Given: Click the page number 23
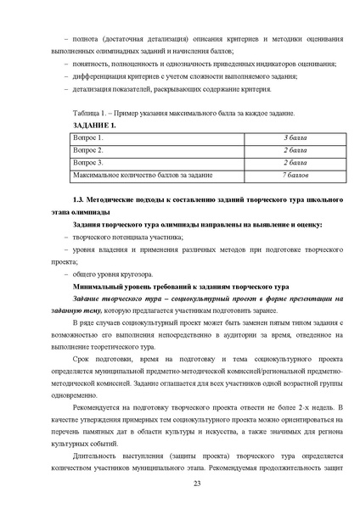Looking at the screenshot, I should (x=184, y=482).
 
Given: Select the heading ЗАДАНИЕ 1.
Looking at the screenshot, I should (x=83, y=126).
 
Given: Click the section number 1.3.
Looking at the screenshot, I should (x=66, y=199).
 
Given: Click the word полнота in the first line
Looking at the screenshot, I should (x=87, y=39).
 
